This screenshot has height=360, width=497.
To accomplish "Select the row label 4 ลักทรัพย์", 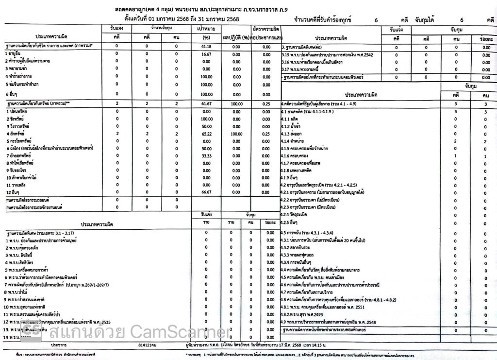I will pyautogui.click(x=16, y=134).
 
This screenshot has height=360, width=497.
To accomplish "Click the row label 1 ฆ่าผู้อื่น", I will pyautogui.click(x=15, y=54).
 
